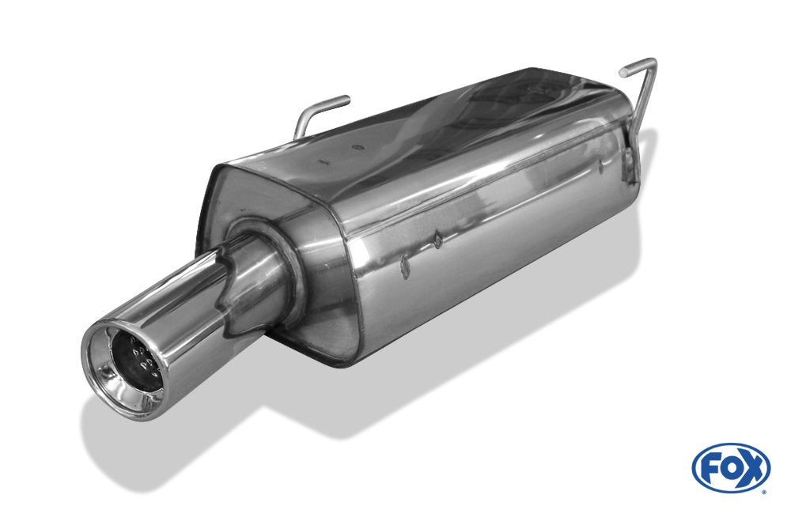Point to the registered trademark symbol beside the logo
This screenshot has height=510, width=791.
(763, 491)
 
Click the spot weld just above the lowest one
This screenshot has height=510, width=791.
(437, 238)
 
